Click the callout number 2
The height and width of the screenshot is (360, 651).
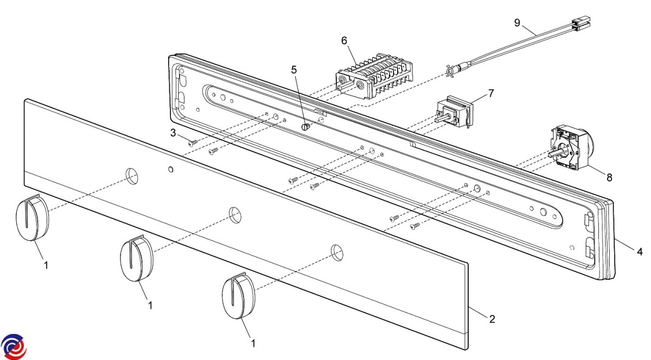click(x=492, y=319)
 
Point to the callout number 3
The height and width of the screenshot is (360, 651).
click(x=173, y=133)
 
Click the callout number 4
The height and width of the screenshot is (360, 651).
click(x=640, y=252)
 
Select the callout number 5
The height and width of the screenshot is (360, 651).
click(x=294, y=69)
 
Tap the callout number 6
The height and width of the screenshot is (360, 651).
click(x=344, y=40)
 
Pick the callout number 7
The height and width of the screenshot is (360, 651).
click(x=490, y=93)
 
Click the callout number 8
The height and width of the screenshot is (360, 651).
click(x=610, y=177)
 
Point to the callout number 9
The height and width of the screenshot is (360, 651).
click(x=517, y=22)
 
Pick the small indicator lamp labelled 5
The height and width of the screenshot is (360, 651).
click(x=305, y=127)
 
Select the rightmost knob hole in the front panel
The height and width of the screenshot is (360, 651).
click(x=336, y=250)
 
